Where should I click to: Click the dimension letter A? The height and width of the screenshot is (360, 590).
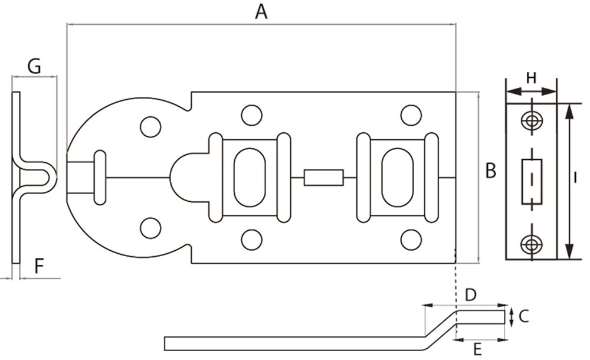(261, 12)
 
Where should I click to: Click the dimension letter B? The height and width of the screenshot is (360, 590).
(490, 171)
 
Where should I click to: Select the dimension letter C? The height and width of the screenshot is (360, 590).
(523, 317)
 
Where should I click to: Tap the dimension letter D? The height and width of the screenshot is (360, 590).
(471, 294)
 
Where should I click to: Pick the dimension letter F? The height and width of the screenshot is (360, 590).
(39, 267)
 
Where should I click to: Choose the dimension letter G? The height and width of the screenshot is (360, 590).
(34, 67)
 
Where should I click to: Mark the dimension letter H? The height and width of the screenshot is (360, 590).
(531, 77)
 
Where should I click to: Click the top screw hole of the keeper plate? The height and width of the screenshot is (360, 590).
(532, 120)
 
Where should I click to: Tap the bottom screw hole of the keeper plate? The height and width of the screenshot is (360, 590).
(532, 243)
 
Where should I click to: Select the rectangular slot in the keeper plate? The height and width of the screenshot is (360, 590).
(532, 181)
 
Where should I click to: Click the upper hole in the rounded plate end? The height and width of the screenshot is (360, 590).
(150, 126)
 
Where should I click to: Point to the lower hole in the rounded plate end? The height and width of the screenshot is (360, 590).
(150, 228)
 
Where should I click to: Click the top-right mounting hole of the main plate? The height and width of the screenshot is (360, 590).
(411, 115)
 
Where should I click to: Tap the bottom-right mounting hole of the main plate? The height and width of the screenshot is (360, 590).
(411, 240)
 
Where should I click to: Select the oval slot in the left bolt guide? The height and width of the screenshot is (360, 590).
(250, 177)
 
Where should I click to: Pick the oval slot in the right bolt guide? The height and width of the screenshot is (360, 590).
(398, 177)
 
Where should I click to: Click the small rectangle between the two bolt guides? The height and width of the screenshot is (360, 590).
(323, 178)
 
